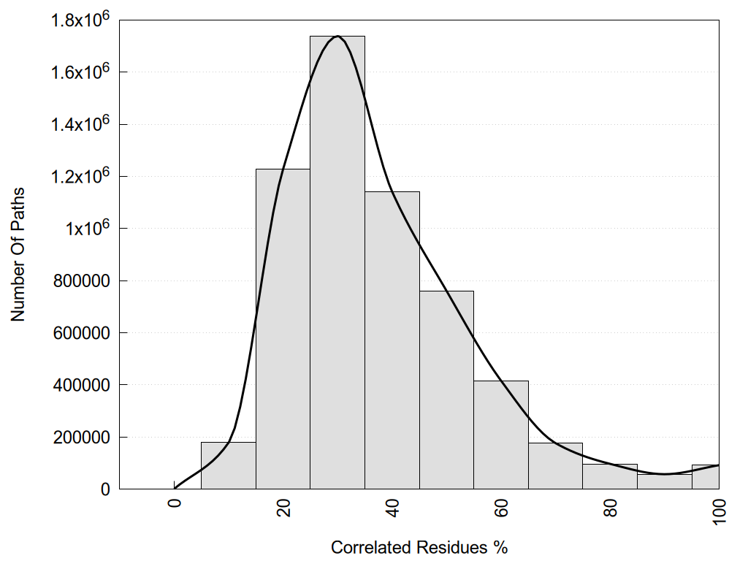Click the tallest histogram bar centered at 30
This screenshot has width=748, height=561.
point(337,263)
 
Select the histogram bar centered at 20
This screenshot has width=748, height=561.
point(283,329)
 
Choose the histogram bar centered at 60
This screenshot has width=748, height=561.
point(501,435)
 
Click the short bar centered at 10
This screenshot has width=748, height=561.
point(228,466)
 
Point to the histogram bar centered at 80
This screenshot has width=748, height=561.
point(610,477)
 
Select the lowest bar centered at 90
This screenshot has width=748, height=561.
point(664,481)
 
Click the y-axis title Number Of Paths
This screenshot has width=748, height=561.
point(18,254)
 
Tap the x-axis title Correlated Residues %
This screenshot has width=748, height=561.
point(419,547)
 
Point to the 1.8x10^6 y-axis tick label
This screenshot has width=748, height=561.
point(80,20)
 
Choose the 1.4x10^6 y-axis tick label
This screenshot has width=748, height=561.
point(80,124)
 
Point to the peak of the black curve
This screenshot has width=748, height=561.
point(337,36)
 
